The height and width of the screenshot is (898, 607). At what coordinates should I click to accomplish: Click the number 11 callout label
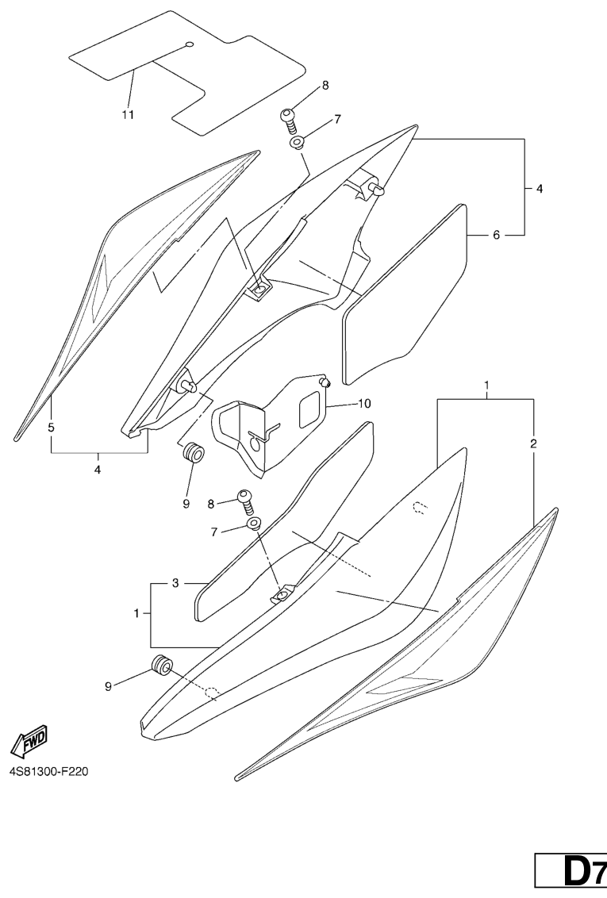128,114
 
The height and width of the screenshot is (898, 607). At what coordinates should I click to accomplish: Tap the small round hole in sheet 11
189,44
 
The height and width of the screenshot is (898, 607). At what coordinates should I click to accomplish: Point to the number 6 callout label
497,236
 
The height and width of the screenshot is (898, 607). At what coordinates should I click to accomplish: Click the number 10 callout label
364,404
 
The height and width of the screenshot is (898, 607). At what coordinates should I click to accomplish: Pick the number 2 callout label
533,443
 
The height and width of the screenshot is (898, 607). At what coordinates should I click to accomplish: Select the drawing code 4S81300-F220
48,772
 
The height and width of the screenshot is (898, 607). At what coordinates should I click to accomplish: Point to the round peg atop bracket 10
324,382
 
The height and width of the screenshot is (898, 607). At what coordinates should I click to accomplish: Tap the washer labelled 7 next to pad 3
254,524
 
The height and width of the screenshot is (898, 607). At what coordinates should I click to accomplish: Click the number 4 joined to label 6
540,190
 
